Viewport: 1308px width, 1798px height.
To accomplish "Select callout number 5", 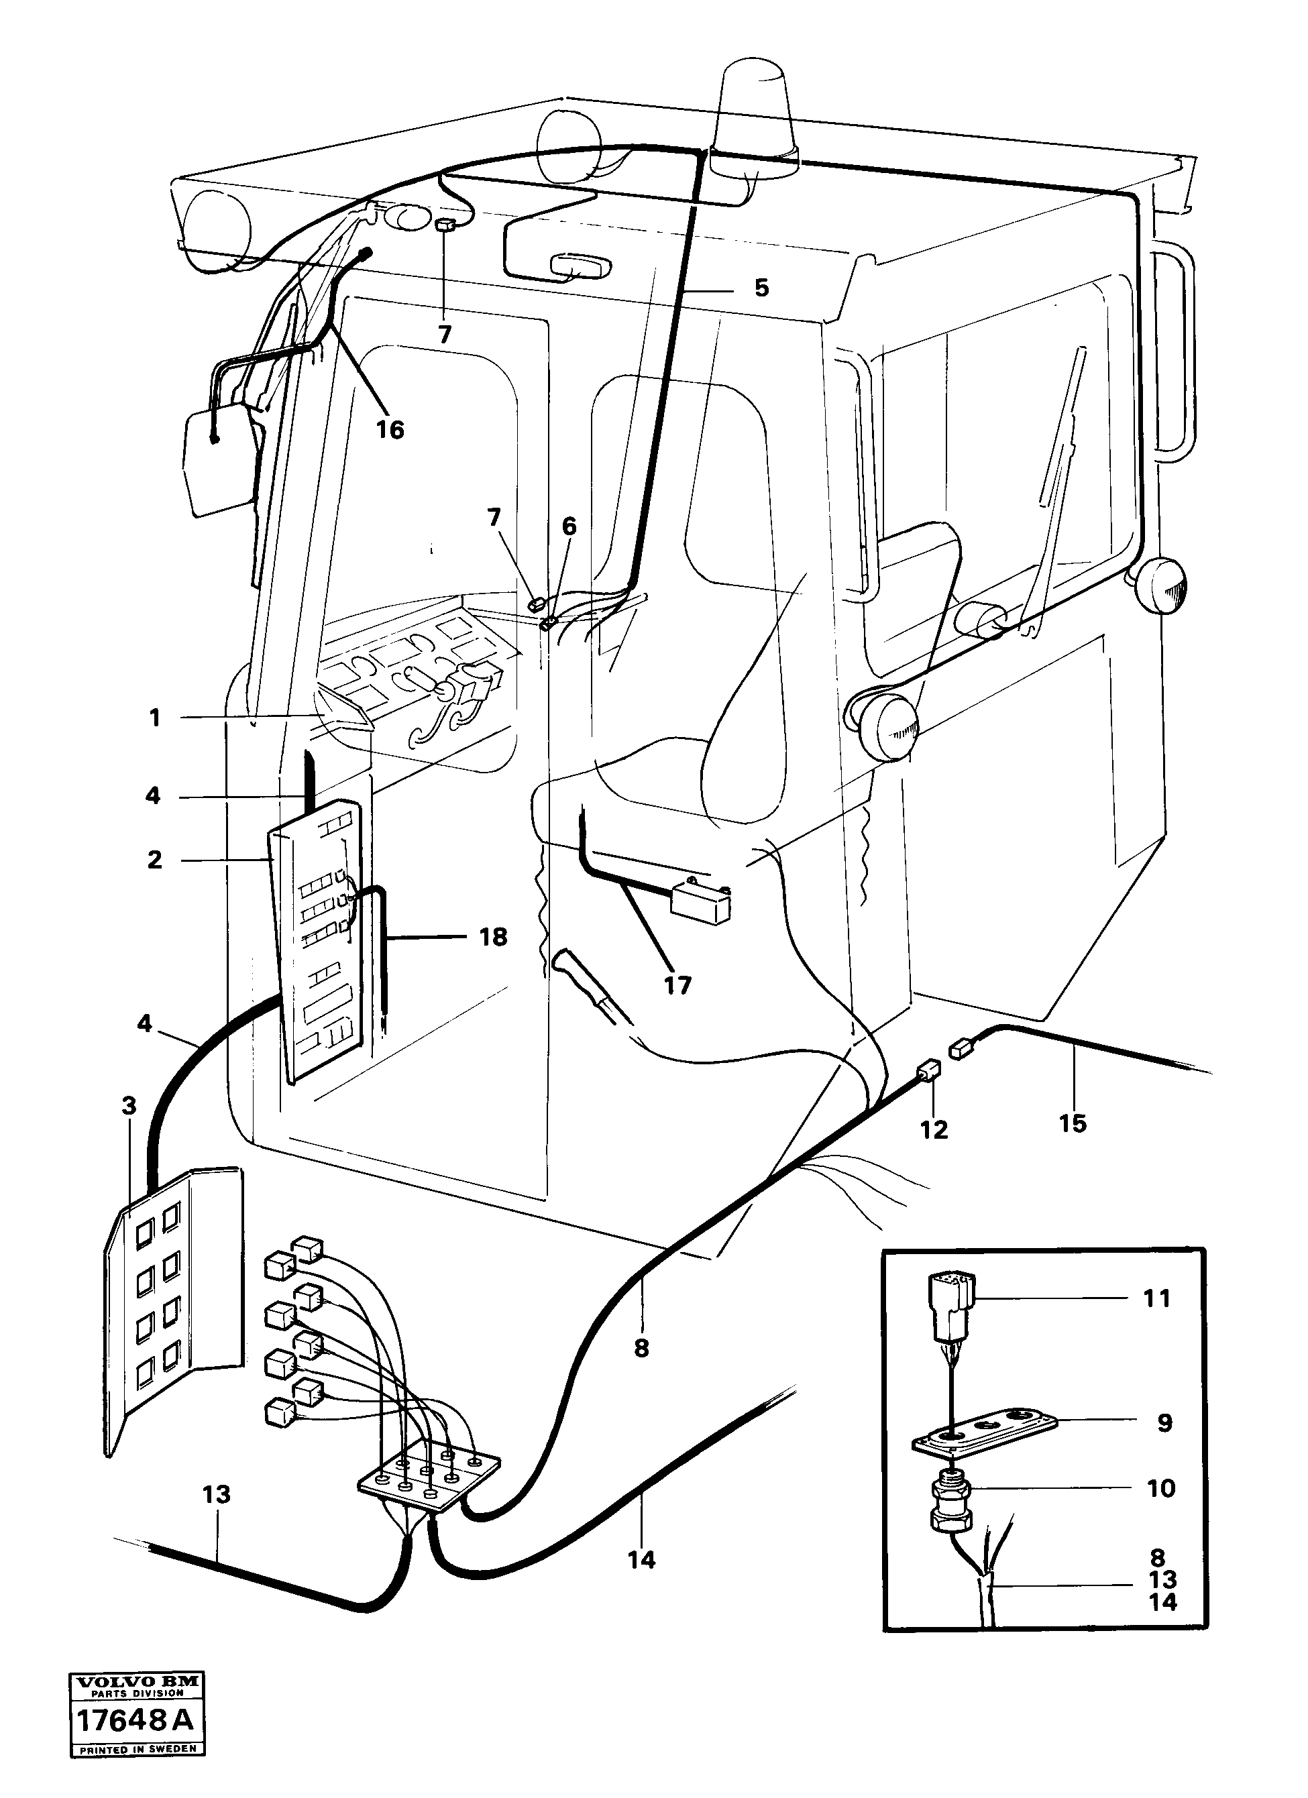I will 761,288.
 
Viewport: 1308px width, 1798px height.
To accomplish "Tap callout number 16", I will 390,431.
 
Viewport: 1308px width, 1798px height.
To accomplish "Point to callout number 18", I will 493,937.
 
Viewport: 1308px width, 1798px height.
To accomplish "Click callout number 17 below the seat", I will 677,985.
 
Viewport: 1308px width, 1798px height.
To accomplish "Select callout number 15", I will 1073,1123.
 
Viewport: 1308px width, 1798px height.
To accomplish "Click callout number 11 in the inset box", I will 1156,1298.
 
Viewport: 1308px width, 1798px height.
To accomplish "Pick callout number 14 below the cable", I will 641,1560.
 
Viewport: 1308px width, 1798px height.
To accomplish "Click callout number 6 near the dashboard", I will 569,526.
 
